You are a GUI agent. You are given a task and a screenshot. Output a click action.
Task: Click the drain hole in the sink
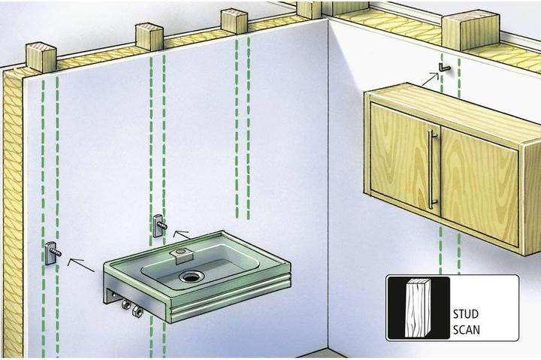[x=190, y=276]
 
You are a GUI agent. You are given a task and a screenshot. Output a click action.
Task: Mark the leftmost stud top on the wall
[x=41, y=56]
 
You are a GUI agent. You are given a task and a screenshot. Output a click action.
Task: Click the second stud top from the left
[x=149, y=35]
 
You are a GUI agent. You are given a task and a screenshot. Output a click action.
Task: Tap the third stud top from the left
[x=234, y=21]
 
